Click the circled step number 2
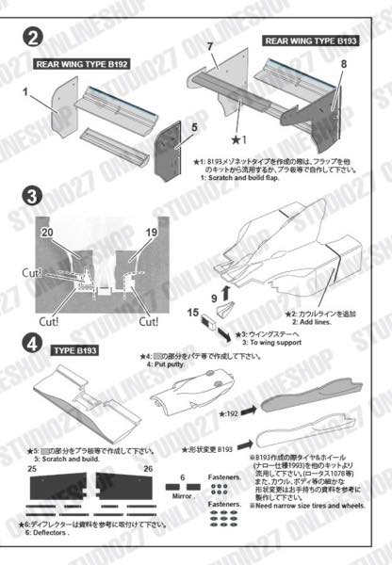[33, 39]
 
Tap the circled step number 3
[32, 197]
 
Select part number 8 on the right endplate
[344, 64]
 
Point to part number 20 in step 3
[47, 230]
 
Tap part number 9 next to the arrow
[213, 299]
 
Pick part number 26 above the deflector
[148, 467]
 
